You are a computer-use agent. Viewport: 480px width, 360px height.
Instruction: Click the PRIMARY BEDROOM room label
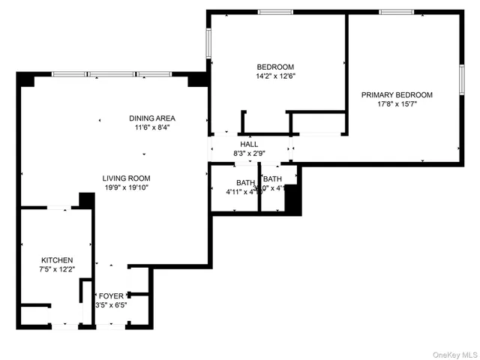pyautogui.click(x=397, y=94)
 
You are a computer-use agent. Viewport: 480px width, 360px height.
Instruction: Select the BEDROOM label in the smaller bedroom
pyautogui.click(x=275, y=67)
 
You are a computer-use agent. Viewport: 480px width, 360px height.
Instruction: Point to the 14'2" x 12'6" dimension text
pyautogui.click(x=275, y=76)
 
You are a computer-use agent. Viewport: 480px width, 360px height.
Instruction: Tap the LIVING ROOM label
pyautogui.click(x=127, y=178)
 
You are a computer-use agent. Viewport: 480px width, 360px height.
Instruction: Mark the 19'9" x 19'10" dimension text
pyautogui.click(x=127, y=188)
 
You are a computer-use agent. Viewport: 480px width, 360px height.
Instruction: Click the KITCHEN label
pyautogui.click(x=57, y=259)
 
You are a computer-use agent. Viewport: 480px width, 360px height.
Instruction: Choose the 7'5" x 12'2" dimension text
pyautogui.click(x=57, y=269)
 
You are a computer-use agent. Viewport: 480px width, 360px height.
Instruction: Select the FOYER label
pyautogui.click(x=111, y=295)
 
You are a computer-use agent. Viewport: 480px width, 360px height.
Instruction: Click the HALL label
pyautogui.click(x=249, y=144)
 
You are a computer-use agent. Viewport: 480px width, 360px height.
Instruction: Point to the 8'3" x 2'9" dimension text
pyautogui.click(x=249, y=154)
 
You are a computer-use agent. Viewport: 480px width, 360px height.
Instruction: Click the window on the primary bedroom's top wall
pyautogui.click(x=396, y=12)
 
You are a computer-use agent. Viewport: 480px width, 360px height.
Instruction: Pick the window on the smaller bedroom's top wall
pyautogui.click(x=275, y=12)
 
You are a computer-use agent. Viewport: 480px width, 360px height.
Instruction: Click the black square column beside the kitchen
pyautogui.click(x=86, y=200)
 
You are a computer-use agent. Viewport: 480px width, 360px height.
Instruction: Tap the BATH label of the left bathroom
pyautogui.click(x=245, y=182)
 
